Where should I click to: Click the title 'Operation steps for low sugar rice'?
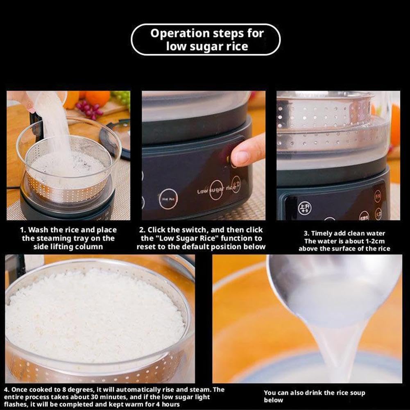click(206, 39)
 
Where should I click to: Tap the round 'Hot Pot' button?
click(168, 199)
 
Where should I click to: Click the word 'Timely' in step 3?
click(324, 233)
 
